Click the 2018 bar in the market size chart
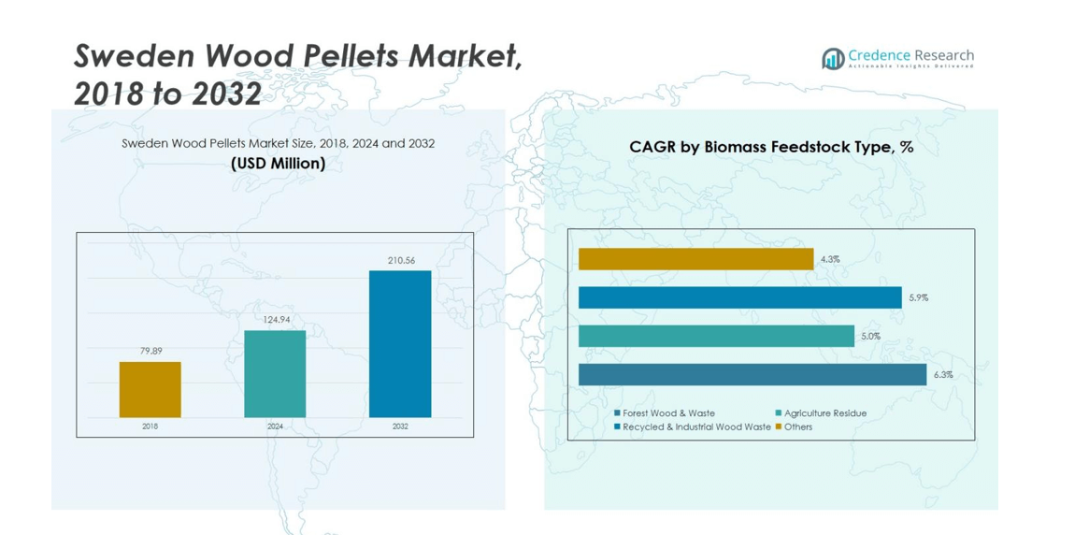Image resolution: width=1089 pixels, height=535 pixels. (x=150, y=389)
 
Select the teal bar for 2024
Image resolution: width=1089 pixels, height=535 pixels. (x=275, y=374)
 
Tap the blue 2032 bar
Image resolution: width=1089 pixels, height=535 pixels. (x=400, y=344)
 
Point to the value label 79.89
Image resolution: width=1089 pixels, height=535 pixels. (x=150, y=351)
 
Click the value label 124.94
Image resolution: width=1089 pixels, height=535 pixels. (x=276, y=320)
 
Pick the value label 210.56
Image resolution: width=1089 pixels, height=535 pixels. (x=401, y=260)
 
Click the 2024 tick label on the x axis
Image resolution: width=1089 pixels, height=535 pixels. (x=275, y=427)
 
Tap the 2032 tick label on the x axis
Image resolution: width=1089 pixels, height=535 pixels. (x=400, y=427)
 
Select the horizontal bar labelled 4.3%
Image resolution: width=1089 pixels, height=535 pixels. (x=695, y=259)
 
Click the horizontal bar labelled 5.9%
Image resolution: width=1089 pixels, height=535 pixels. (x=739, y=297)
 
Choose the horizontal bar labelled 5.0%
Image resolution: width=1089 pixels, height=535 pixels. (x=716, y=336)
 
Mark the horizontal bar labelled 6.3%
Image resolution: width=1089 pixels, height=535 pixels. (x=752, y=374)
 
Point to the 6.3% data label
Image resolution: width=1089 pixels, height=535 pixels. (x=943, y=375)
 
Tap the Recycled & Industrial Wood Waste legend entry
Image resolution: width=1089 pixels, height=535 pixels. (x=695, y=427)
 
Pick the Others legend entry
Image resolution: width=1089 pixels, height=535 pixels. (x=797, y=427)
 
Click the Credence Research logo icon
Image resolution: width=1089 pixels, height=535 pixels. (x=833, y=59)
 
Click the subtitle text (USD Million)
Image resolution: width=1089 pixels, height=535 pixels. (x=278, y=164)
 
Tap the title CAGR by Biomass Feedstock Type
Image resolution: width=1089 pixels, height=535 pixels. (x=771, y=147)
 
